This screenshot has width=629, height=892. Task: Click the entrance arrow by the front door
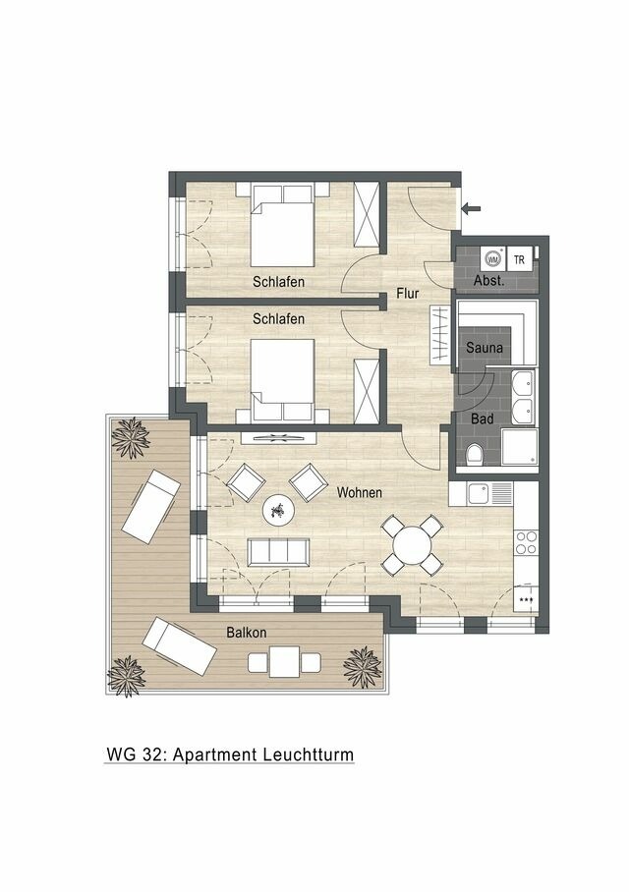472,207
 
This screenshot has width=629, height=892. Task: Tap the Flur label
409,293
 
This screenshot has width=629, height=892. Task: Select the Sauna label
485,348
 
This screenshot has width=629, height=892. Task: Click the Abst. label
489,281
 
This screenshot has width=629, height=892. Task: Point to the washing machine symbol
492,259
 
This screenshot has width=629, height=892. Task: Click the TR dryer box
519,259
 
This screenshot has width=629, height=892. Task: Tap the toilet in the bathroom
474,454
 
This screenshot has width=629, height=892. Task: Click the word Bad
482,418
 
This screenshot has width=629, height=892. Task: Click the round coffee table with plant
277,509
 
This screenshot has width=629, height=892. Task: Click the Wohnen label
359,492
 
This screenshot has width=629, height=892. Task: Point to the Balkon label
246,633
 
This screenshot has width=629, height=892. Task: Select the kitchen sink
479,493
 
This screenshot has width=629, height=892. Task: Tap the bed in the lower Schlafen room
283,379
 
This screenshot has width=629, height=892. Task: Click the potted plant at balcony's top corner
130,436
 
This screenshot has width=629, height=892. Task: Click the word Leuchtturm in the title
308,754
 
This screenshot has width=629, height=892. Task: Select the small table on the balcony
284,662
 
